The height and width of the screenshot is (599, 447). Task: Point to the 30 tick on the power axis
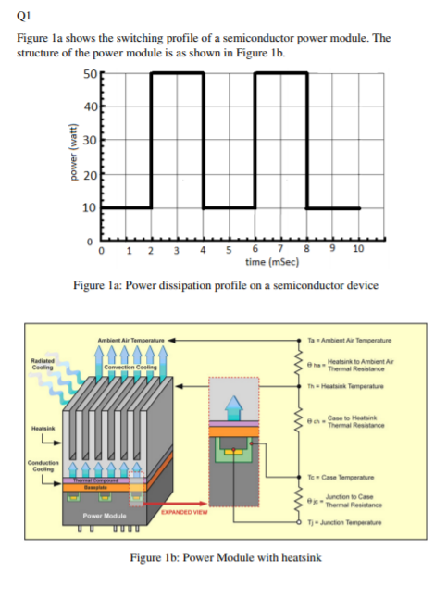coord(89,140)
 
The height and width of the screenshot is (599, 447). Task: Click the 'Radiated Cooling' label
coord(41,367)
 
